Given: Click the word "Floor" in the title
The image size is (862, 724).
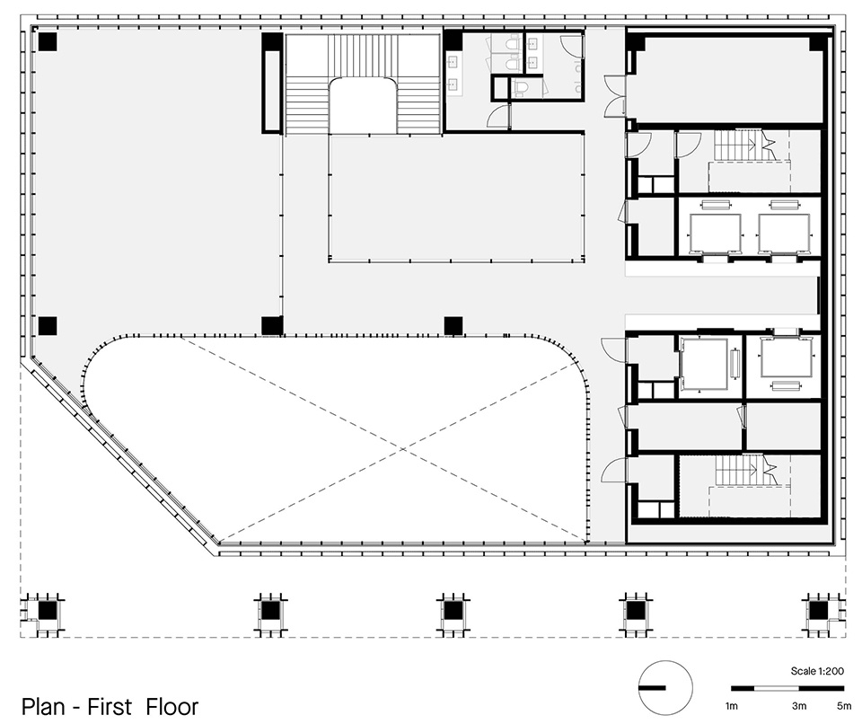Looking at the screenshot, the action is click(x=172, y=706).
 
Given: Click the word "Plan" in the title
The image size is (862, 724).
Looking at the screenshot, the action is click(x=44, y=706).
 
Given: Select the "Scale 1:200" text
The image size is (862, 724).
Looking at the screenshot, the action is click(x=817, y=671).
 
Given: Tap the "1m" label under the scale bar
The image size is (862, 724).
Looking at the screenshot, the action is click(x=732, y=706).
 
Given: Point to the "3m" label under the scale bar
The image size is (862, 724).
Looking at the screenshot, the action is click(x=799, y=706).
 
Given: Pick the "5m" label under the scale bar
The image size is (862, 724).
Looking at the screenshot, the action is click(x=844, y=706).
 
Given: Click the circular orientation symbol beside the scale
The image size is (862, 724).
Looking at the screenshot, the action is click(x=665, y=688).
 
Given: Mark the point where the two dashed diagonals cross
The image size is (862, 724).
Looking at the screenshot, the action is click(x=403, y=449).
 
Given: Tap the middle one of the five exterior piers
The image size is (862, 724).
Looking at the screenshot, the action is click(x=453, y=611).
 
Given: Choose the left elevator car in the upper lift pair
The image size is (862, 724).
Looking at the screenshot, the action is click(x=716, y=231).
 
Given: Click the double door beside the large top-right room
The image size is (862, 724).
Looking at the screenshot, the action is click(x=616, y=96).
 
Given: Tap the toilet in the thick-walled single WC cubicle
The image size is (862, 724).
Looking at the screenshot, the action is click(x=521, y=87).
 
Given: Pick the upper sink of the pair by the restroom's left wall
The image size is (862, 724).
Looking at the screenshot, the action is click(x=454, y=62).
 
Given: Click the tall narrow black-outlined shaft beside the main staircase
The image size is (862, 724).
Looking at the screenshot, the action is click(x=272, y=90).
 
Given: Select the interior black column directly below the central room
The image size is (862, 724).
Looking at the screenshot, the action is click(x=453, y=326).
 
